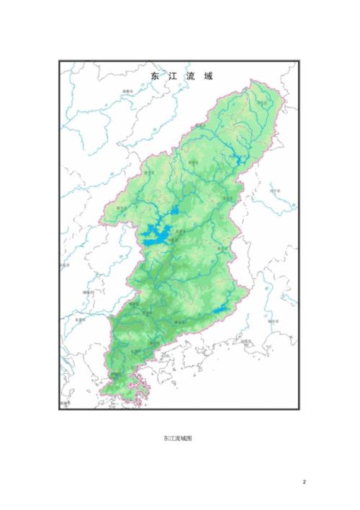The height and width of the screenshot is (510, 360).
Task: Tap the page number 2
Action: (304, 482)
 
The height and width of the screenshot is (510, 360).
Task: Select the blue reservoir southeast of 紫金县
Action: (221, 310)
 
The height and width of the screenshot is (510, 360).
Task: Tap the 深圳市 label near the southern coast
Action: (115, 375)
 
